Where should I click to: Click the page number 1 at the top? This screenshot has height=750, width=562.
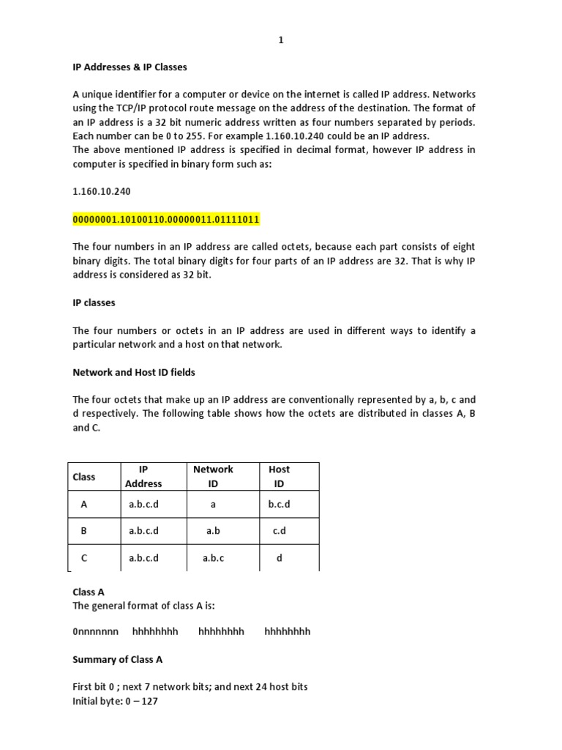click(x=280, y=41)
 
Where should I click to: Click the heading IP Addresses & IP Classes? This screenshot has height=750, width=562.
click(x=130, y=67)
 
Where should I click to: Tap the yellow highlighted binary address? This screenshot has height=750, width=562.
click(x=166, y=220)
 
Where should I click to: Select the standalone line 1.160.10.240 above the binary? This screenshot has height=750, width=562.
click(x=102, y=190)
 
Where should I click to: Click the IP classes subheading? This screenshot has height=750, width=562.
click(x=94, y=302)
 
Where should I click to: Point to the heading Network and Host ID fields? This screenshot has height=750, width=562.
click(x=134, y=372)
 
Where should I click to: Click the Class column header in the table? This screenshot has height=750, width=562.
click(x=84, y=477)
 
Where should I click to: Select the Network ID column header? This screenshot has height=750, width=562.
click(x=213, y=476)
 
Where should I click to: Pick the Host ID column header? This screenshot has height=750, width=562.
click(x=279, y=476)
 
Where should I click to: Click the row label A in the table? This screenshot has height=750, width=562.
click(x=84, y=505)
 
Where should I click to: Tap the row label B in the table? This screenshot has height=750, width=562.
click(x=84, y=531)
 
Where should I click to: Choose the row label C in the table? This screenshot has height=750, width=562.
click(x=84, y=558)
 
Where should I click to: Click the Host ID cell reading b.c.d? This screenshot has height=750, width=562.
click(x=281, y=505)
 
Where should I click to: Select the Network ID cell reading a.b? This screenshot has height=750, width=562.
click(x=213, y=531)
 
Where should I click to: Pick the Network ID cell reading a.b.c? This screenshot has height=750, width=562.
click(x=213, y=558)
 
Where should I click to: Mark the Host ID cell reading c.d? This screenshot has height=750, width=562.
click(x=279, y=531)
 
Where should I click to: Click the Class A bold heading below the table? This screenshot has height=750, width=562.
click(x=89, y=591)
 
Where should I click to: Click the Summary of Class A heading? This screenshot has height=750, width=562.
click(x=118, y=659)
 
